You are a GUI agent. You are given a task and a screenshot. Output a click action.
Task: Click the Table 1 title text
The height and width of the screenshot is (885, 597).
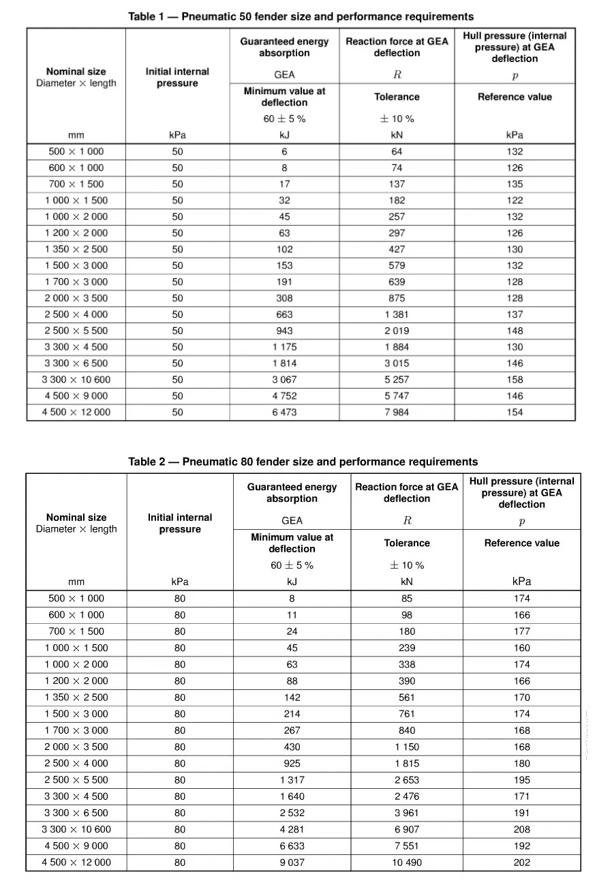tap(301, 16)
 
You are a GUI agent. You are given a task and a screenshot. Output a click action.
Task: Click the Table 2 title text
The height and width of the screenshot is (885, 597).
tap(303, 462)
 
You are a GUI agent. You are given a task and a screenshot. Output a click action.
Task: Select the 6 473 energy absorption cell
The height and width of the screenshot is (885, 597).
tap(284, 412)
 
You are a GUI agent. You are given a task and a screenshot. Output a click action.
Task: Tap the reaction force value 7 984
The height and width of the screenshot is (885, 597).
tap(397, 412)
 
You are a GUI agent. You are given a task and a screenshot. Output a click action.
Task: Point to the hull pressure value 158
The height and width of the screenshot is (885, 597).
tap(515, 380)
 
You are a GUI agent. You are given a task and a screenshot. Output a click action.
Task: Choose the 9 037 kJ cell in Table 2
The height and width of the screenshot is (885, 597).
tap(292, 862)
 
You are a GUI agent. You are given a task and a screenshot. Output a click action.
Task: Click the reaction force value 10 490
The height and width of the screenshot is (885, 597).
tap(406, 862)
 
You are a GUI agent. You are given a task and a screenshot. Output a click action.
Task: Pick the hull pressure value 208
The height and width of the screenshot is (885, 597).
tap(521, 829)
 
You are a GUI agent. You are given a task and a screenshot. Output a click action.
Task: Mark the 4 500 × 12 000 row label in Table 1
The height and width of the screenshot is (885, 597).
tap(76, 412)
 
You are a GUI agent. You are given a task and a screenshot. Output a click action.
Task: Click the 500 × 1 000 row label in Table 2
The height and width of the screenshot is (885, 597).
tap(76, 599)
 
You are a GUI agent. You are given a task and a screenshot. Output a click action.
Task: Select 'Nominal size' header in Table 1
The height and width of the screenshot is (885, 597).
tap(76, 71)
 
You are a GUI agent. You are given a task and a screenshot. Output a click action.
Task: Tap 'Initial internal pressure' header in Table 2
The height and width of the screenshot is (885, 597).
tap(180, 524)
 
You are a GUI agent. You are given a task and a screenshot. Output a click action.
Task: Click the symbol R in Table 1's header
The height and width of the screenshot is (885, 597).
tap(397, 75)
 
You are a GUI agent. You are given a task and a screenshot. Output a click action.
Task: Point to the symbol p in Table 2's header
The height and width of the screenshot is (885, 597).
tap(521, 522)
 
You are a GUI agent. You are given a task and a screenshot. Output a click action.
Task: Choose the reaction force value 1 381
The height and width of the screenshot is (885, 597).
tap(397, 314)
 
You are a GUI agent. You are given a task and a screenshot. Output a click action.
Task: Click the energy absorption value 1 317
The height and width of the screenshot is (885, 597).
tap(292, 780)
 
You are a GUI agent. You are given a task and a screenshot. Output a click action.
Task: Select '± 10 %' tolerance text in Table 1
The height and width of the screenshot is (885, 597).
tap(397, 119)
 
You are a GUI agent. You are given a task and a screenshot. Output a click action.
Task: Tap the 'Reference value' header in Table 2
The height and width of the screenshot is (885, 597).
tap(521, 543)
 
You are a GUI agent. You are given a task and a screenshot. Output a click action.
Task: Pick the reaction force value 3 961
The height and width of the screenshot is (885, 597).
tap(406, 813)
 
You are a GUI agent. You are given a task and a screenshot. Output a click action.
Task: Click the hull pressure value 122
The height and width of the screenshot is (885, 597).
tap(515, 200)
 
